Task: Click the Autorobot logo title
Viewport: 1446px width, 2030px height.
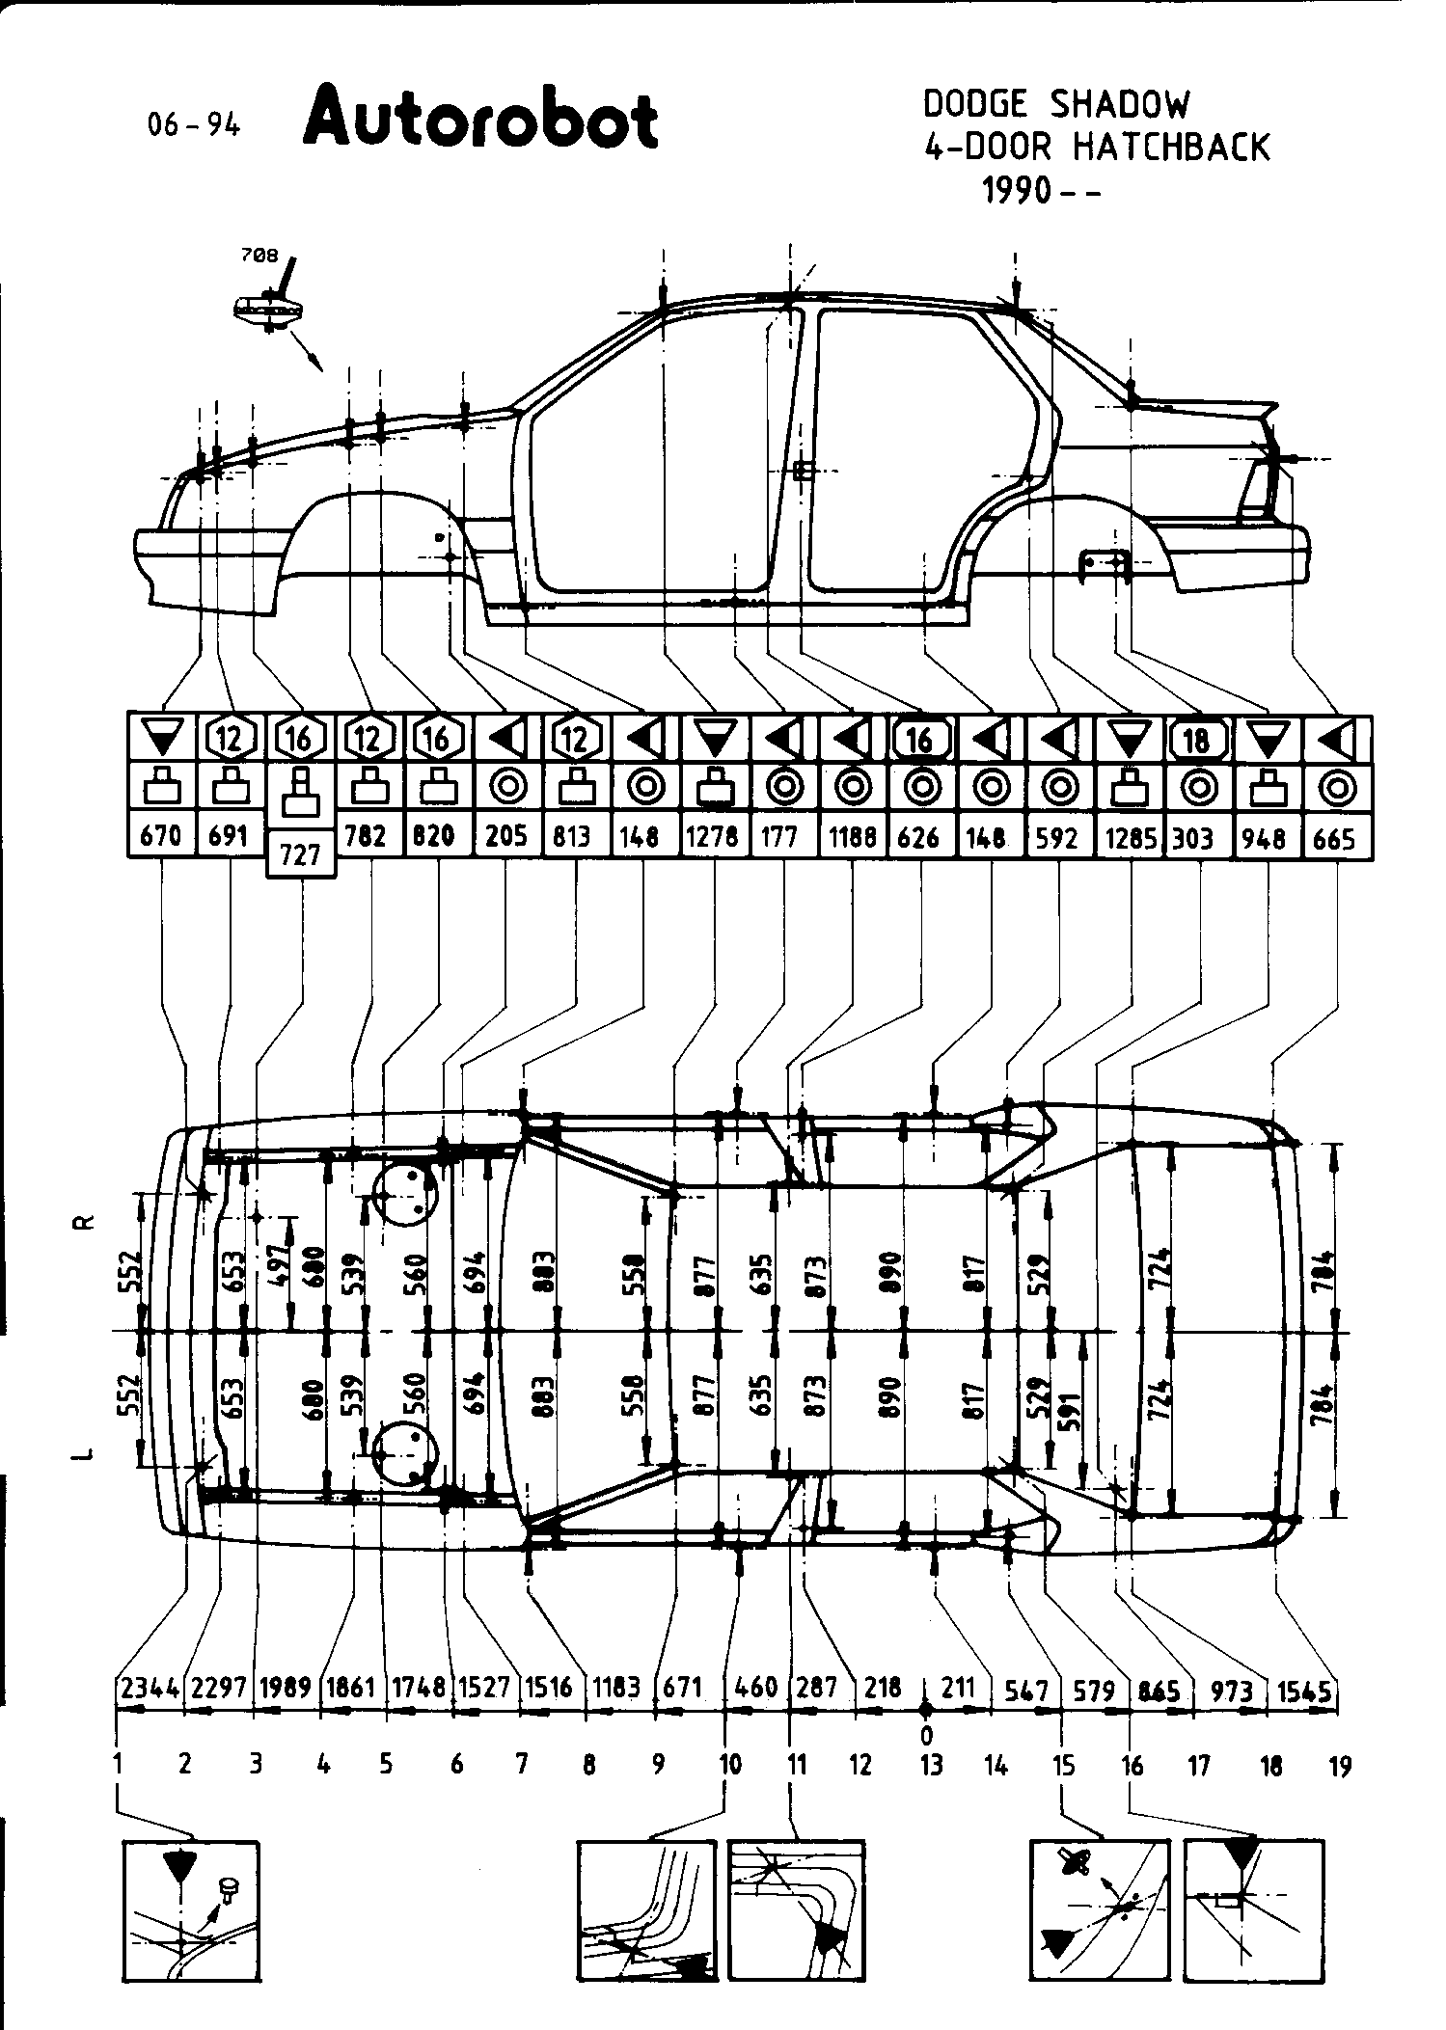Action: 480,120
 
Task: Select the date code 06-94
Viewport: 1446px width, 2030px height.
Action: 193,124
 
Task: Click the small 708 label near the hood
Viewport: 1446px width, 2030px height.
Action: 259,256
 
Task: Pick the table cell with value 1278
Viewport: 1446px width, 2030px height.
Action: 715,836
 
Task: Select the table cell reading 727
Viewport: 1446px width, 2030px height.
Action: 300,854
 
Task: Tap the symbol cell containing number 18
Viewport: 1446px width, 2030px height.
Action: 1196,740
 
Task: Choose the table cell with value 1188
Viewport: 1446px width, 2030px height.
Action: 852,836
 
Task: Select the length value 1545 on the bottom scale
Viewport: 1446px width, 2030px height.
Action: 1304,1689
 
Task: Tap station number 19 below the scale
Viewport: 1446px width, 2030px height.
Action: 1340,1766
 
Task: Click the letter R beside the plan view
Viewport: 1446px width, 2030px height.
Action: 85,1222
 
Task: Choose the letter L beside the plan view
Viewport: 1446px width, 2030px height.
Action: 85,1453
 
